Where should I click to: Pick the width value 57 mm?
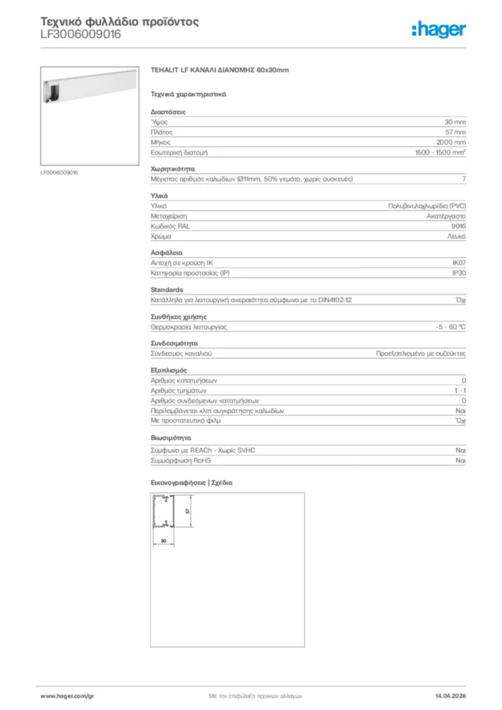(455, 132)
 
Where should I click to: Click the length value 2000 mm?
(451, 141)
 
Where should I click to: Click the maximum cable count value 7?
(463, 180)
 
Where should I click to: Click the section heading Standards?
(166, 290)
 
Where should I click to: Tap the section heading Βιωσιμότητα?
(171, 438)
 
